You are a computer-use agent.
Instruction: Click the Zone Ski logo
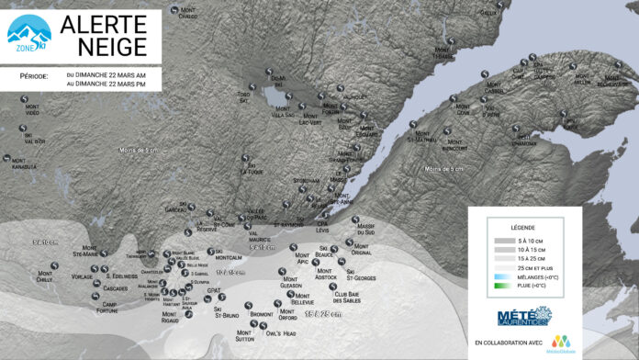coord(28,34)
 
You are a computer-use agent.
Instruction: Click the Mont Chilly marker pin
coord(55,267)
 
